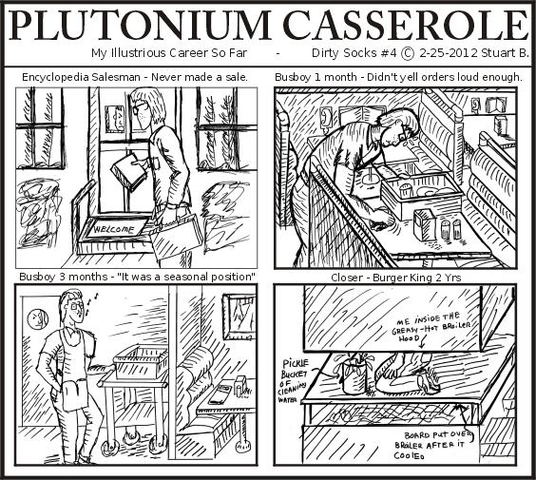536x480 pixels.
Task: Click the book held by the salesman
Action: pos(128,172)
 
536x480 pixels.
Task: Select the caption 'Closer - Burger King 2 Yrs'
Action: pos(398,276)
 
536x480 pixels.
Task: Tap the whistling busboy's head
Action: pos(71,307)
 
